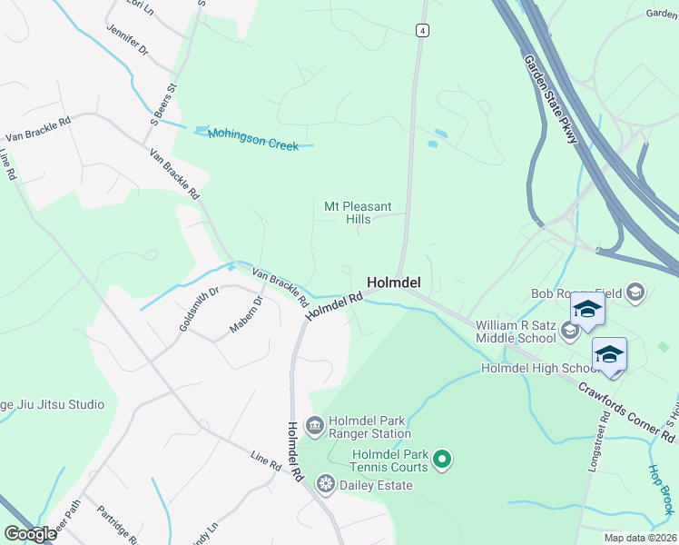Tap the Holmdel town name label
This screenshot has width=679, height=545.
tap(393, 282)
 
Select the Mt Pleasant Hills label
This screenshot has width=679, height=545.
tap(349, 213)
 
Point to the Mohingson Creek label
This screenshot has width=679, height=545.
tap(253, 139)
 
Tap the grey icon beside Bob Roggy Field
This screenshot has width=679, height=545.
tap(635, 292)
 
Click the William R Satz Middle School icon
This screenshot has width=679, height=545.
tap(569, 330)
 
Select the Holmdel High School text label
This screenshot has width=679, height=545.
tap(538, 368)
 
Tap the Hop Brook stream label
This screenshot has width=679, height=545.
tap(661, 490)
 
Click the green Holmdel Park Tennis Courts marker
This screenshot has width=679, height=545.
tap(442, 461)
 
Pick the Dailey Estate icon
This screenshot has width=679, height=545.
tap(325, 485)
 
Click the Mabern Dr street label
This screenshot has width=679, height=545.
tap(245, 314)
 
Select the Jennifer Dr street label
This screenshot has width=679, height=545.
tap(126, 41)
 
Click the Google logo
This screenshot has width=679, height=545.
tap(30, 534)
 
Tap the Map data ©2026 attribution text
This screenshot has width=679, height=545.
tap(639, 538)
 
